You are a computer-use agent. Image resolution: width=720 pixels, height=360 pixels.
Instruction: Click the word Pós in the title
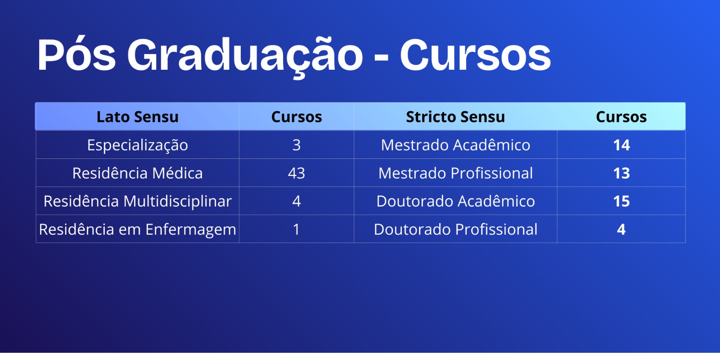click(x=76, y=54)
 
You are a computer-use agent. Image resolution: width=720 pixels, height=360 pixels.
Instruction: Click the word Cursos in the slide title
click(x=475, y=54)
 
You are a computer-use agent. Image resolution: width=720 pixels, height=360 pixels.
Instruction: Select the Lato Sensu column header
click(x=138, y=117)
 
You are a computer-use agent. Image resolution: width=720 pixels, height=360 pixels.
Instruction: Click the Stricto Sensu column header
click(x=455, y=117)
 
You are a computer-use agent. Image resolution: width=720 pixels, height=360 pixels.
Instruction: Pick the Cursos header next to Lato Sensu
click(x=297, y=117)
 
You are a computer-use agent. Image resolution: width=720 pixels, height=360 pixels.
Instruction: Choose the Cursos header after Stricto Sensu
click(x=621, y=117)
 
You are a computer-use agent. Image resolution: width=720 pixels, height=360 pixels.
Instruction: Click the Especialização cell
click(x=138, y=145)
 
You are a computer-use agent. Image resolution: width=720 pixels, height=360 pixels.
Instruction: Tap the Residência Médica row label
click(x=138, y=173)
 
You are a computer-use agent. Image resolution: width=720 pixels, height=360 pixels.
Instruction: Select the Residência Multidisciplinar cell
click(x=138, y=201)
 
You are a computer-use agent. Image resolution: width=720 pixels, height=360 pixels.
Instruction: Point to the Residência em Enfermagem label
click(x=138, y=229)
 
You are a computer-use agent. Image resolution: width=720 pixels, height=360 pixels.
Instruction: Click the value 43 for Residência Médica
click(x=297, y=173)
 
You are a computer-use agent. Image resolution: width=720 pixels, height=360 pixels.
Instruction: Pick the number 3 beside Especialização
click(x=297, y=145)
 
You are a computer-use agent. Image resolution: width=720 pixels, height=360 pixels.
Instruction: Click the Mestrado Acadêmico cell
click(x=455, y=144)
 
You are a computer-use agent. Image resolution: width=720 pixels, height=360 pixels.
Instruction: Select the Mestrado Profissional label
click(x=455, y=173)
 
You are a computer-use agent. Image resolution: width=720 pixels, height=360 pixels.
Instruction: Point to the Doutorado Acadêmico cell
click(x=455, y=201)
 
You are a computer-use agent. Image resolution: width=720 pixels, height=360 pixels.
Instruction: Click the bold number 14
click(x=621, y=145)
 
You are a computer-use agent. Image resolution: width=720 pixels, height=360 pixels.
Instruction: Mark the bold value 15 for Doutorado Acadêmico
click(x=621, y=201)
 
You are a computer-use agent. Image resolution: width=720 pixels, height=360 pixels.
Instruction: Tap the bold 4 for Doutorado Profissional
click(x=621, y=229)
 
